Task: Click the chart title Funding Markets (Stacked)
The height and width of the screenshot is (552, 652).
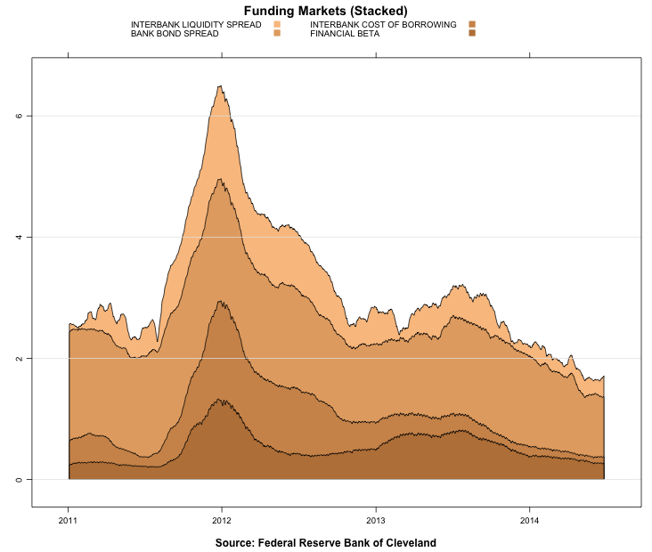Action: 325,10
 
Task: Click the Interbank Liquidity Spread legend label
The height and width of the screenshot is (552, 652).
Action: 196,24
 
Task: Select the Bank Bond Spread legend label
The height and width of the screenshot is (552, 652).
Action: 175,33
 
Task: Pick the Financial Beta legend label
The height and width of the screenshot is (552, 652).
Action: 345,33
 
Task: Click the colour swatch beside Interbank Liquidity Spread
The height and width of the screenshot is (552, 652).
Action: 277,24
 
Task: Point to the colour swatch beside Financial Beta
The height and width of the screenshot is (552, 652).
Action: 472,33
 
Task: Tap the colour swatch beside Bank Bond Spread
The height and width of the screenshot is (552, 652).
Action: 277,33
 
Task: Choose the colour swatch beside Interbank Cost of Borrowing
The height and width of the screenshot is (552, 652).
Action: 472,24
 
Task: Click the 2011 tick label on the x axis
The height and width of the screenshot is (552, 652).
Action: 68,521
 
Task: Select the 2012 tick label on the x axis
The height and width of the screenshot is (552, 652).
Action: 222,521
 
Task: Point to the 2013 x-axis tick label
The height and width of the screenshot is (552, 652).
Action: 376,521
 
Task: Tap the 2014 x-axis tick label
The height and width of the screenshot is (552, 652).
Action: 530,521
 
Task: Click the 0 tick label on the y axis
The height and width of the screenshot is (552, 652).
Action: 20,479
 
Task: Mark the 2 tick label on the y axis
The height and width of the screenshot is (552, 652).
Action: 20,358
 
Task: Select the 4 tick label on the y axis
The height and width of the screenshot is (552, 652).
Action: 20,237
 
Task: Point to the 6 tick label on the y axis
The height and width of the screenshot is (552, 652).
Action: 20,116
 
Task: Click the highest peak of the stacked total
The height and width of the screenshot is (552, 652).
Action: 220,86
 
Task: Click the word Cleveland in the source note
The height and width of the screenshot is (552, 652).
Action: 409,542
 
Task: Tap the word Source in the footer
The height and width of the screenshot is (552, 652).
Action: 237,542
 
